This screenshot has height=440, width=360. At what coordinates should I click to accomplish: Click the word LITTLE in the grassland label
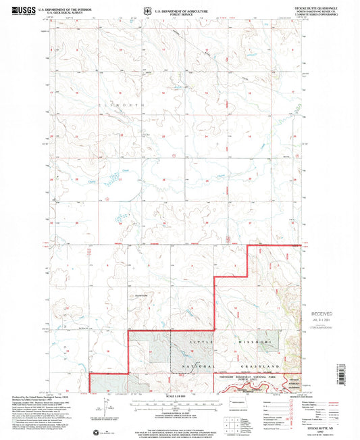click(200, 344)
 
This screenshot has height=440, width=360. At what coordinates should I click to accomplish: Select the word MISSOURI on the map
click(256, 344)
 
